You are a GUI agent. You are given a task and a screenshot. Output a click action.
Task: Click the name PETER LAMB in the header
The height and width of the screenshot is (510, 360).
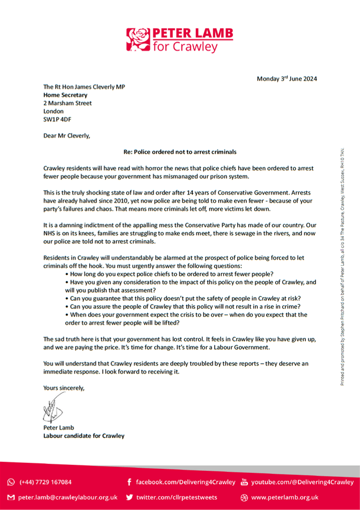tap(192, 34)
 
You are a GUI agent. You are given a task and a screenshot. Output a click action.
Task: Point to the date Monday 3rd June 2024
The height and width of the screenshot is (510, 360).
tap(286, 79)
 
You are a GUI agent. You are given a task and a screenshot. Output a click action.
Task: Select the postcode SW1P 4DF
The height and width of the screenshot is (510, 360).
tap(58, 119)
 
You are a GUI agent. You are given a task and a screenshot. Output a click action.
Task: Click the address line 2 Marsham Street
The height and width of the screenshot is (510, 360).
tap(68, 103)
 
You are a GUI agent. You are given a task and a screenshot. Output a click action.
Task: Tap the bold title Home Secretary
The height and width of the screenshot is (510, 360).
tap(65, 95)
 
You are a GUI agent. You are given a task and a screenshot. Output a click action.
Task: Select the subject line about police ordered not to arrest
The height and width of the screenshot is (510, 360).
tap(180, 151)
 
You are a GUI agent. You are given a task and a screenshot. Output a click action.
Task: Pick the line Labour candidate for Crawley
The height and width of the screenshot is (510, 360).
tap(84, 435)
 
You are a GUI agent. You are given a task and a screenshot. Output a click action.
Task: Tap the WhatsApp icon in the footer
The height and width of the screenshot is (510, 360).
tap(11, 482)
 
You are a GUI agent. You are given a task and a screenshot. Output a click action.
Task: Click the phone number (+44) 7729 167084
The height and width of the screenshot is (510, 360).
tap(45, 482)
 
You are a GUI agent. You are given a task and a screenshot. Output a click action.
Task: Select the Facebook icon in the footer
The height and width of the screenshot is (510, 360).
tap(129, 482)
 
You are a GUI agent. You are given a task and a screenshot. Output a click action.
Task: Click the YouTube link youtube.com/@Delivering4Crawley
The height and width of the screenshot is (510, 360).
tap(302, 482)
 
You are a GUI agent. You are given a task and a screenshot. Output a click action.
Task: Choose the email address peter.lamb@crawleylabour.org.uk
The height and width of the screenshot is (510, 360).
tap(68, 497)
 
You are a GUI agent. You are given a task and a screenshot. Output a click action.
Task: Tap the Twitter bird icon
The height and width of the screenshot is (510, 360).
tap(129, 497)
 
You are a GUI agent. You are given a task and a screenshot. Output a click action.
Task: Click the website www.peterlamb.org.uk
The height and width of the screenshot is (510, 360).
tap(285, 497)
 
